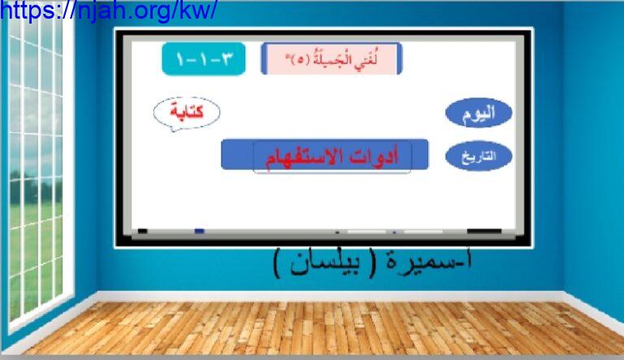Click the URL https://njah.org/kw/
coord(108,11)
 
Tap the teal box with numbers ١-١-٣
coord(203,59)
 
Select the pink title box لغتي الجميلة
coord(331,59)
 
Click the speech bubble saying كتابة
coord(186,114)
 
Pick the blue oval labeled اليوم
coord(479,113)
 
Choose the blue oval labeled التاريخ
coord(479,156)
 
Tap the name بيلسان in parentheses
coord(325,262)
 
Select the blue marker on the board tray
coord(199,231)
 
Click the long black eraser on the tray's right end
coord(484,231)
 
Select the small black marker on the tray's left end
coord(142,231)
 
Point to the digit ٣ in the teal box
coord(226,59)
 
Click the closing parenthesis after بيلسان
coord(278,262)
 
